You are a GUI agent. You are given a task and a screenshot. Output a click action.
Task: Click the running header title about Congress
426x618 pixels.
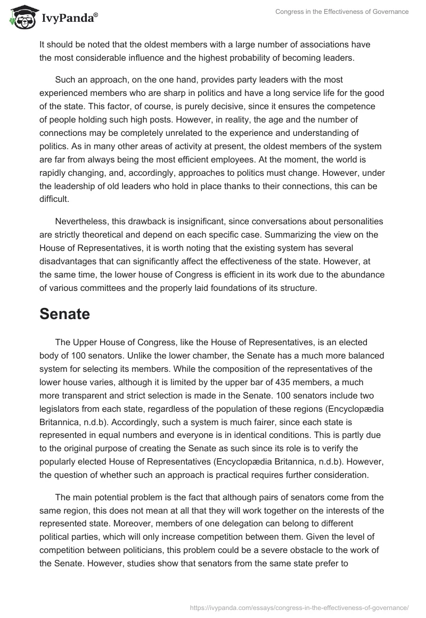click(x=342, y=12)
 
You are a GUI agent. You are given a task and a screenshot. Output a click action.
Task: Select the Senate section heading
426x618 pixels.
click(x=64, y=314)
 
